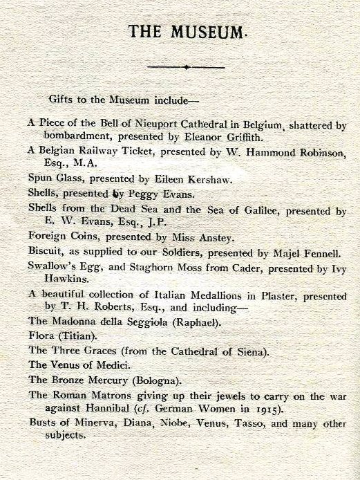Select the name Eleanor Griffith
[229, 136]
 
